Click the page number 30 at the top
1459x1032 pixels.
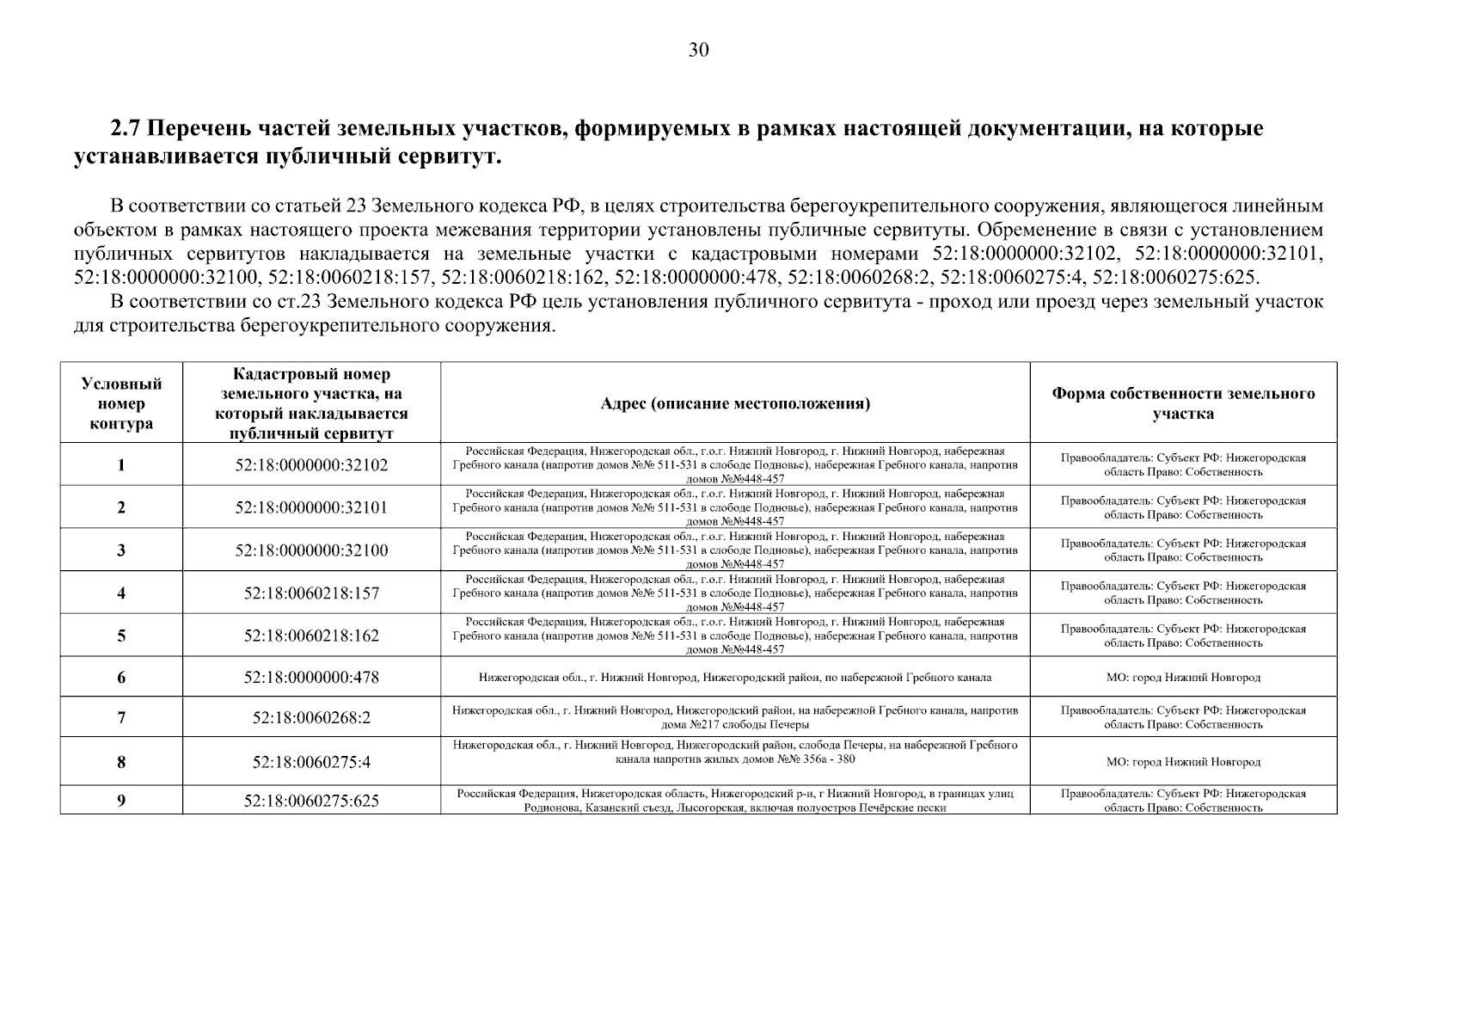tap(698, 51)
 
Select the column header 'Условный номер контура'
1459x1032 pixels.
tap(121, 403)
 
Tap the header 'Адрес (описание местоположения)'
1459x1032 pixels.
tap(734, 403)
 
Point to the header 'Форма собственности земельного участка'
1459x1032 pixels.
tap(1183, 403)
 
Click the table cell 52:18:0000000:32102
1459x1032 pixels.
tap(311, 465)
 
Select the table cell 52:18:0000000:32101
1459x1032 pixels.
tap(311, 507)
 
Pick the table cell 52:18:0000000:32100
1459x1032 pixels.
tap(311, 550)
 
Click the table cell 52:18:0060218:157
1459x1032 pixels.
tap(311, 593)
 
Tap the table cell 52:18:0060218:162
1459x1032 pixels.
tap(311, 636)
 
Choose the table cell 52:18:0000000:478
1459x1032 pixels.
tap(311, 677)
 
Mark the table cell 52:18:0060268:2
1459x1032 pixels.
tap(311, 717)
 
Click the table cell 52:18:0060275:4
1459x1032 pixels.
tap(311, 762)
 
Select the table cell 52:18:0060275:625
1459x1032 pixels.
tap(311, 801)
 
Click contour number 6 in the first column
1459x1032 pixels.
tap(121, 677)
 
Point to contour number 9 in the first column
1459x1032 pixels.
tap(121, 801)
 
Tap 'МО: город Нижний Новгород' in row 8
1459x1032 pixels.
tap(1183, 762)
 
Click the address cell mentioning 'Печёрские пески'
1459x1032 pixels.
tap(734, 801)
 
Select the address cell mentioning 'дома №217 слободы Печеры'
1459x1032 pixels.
tap(734, 717)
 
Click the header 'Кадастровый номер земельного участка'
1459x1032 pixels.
tap(311, 403)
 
